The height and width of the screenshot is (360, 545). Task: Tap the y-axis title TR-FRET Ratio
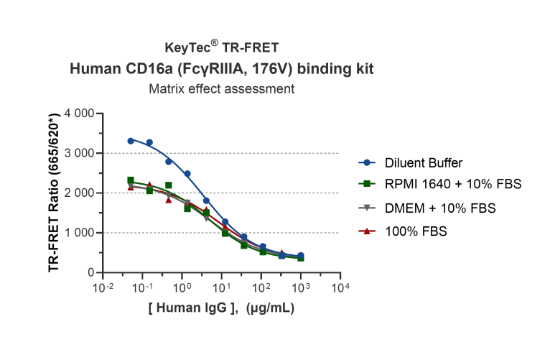pyautogui.click(x=54, y=194)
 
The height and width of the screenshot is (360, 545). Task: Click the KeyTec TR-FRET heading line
pyautogui.click(x=221, y=48)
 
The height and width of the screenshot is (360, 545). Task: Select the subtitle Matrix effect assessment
pyautogui.click(x=222, y=90)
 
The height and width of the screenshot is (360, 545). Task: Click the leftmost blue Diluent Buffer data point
pyautogui.click(x=131, y=141)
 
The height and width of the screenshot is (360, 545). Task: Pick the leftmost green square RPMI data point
pyautogui.click(x=131, y=180)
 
